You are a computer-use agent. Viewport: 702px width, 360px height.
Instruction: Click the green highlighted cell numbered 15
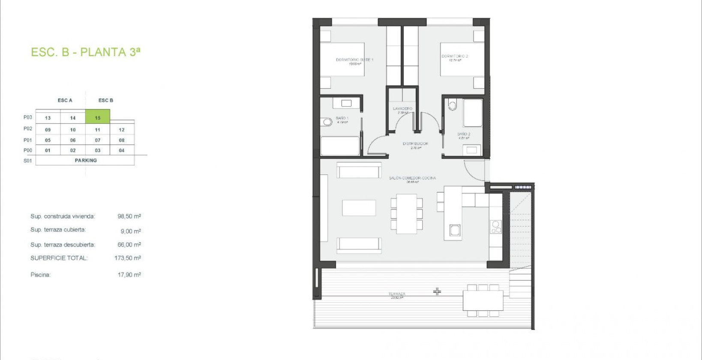tap(98, 117)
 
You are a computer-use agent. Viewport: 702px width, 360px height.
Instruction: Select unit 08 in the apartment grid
tap(122, 140)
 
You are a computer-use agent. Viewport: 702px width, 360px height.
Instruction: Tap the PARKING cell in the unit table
tap(85, 160)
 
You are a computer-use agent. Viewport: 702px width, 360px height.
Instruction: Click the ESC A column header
tap(65, 100)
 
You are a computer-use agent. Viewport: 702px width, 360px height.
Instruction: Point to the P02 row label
tap(28, 129)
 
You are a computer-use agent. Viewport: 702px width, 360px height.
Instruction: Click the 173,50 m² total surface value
tap(128, 258)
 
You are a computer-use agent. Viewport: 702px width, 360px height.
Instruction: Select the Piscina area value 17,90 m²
tap(129, 275)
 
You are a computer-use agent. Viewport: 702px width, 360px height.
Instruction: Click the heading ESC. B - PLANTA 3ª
tap(85, 52)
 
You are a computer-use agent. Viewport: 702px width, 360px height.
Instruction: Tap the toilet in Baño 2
tap(453, 105)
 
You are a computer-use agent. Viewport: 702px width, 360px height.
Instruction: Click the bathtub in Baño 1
tap(340, 146)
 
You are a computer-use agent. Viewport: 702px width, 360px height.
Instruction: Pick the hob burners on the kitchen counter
tap(496, 227)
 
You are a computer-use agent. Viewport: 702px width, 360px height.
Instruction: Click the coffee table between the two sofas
tap(359, 208)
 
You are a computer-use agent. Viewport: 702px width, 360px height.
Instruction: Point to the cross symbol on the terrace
tap(437, 291)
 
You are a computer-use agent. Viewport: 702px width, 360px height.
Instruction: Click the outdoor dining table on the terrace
tap(483, 300)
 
